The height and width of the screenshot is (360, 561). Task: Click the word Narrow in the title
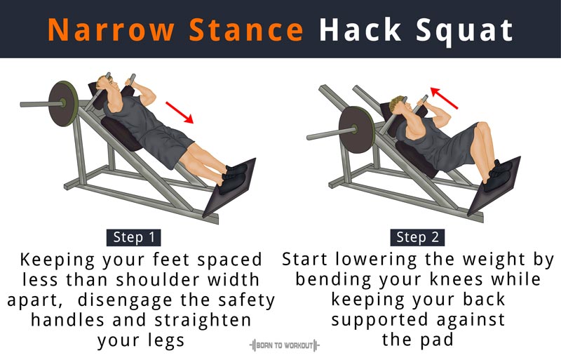pyautogui.click(x=111, y=30)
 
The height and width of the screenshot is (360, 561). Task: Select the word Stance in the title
pyautogui.click(x=246, y=30)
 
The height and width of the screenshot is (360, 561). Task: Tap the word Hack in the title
pyautogui.click(x=360, y=30)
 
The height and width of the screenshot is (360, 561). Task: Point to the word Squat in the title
pyautogui.click(x=465, y=32)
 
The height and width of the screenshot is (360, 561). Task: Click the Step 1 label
pyautogui.click(x=134, y=237)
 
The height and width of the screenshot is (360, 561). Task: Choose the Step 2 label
pyautogui.click(x=417, y=237)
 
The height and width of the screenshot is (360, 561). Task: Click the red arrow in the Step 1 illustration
pyautogui.click(x=180, y=112)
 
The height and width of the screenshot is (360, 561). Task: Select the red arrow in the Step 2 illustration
pyautogui.click(x=444, y=98)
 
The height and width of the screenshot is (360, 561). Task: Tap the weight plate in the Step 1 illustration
pyautogui.click(x=63, y=104)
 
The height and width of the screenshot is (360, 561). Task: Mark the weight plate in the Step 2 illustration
pyautogui.click(x=356, y=130)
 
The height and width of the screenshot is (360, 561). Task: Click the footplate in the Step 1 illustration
pyautogui.click(x=229, y=187)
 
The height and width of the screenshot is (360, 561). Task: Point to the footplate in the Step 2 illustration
pyautogui.click(x=494, y=186)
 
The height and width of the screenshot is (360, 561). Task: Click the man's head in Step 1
pyautogui.click(x=107, y=84)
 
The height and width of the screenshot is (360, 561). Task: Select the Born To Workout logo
pyautogui.click(x=285, y=346)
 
